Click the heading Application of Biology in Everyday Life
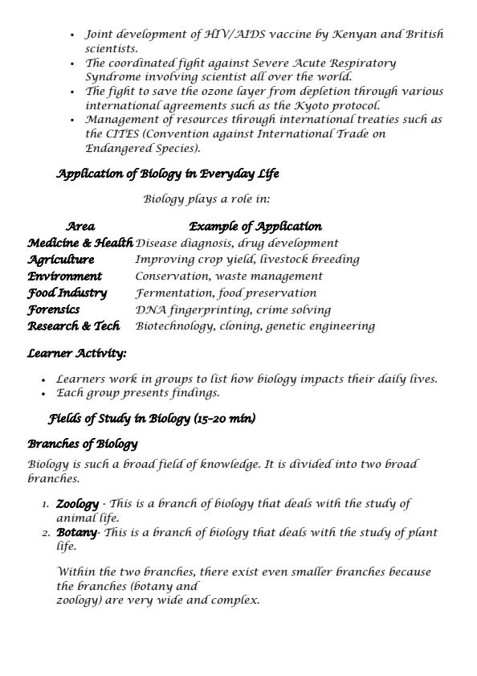[168, 174]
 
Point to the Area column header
[80, 227]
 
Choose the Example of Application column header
[255, 227]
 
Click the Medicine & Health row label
[80, 243]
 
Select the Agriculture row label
[61, 260]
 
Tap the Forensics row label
[54, 309]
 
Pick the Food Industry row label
[67, 293]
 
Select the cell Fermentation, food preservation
[226, 293]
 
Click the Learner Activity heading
[77, 353]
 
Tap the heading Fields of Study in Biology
[153, 418]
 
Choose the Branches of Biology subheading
[83, 444]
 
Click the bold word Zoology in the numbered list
[77, 504]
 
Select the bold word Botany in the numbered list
[76, 532]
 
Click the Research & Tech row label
[74, 326]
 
